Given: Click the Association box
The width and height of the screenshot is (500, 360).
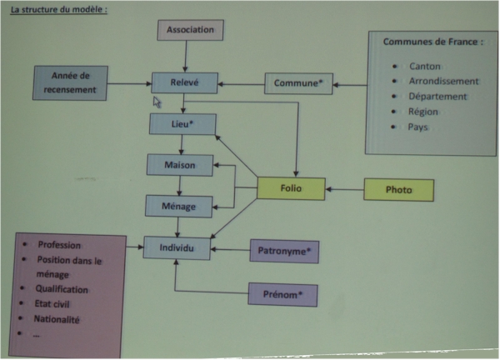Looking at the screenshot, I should [192, 30].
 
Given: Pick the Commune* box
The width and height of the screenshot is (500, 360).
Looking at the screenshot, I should [298, 83].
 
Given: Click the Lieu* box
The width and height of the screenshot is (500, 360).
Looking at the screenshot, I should [182, 124].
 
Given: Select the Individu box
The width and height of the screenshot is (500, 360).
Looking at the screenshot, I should [177, 247].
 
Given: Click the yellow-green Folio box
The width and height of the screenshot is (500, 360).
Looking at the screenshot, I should [290, 190].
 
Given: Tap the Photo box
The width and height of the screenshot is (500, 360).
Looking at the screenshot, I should [398, 190].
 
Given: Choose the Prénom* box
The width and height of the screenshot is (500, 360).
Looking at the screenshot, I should [283, 293].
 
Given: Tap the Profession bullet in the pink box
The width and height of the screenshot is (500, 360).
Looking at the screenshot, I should [64, 245].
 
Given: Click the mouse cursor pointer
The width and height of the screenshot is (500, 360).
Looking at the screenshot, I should [157, 102].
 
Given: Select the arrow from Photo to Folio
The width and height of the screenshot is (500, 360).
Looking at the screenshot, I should [344, 190].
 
